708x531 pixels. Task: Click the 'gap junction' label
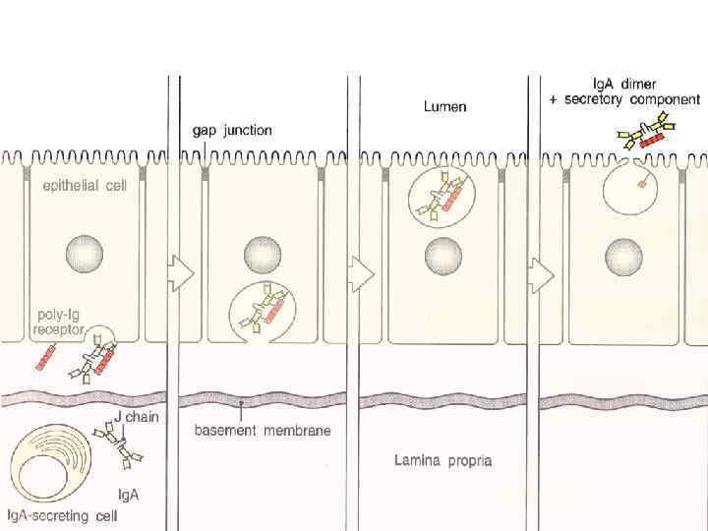[232, 130]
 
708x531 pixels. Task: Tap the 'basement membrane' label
[263, 430]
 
